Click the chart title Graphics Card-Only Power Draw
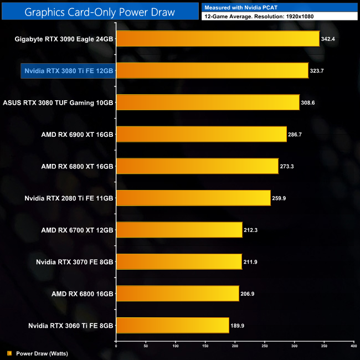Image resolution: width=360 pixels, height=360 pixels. tap(100, 12)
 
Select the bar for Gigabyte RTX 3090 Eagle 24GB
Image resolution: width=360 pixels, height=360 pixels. tap(218, 39)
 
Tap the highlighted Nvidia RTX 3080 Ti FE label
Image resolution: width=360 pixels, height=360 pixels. tap(69, 71)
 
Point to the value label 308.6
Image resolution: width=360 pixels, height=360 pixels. tap(309, 103)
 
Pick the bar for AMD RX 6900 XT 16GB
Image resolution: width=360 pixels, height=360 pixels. tap(201, 135)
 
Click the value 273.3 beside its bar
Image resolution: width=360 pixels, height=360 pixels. tap(289, 167)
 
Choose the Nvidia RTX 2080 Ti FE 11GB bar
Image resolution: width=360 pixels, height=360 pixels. tap(193, 198)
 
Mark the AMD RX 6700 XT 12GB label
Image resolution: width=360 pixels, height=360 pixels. tap(77, 230)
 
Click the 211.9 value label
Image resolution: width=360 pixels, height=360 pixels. tap(252, 262)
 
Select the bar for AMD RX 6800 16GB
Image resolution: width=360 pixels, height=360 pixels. tap(177, 294)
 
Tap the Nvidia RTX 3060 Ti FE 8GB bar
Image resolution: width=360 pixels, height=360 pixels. tap(172, 326)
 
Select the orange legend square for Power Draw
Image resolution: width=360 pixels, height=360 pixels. tap(9, 353)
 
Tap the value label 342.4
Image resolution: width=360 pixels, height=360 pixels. tap(329, 39)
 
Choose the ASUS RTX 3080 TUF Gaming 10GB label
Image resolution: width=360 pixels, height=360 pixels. tap(58, 103)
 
